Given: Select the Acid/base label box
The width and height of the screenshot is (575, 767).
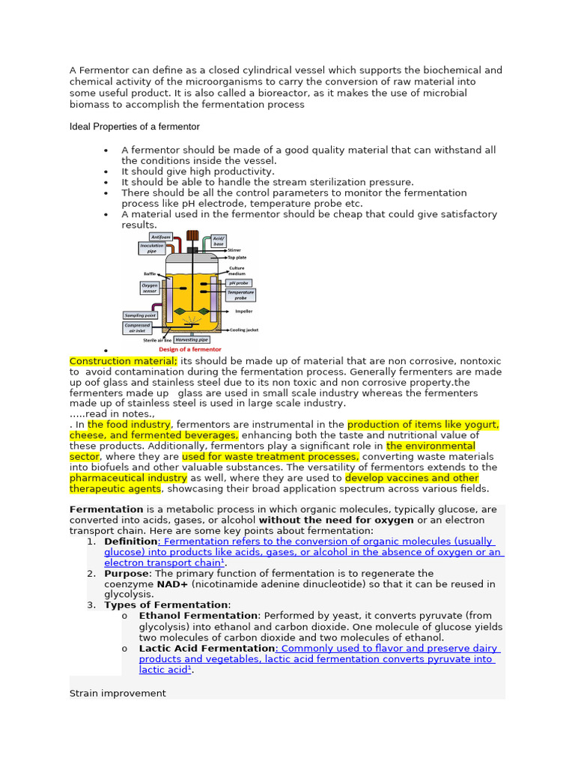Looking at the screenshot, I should click(219, 240).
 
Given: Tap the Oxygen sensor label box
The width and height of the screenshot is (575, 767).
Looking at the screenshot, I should click(149, 289).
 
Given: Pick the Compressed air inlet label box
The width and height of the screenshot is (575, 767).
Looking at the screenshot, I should click(138, 329).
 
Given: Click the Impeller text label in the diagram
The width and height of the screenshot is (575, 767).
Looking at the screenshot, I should click(244, 311).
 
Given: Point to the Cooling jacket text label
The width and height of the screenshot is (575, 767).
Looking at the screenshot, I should click(244, 330).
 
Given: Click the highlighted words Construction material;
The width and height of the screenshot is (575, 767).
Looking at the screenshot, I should click(124, 361).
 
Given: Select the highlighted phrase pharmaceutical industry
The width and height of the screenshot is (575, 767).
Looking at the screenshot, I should click(128, 478).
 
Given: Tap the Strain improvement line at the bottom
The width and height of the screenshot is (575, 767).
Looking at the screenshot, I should click(118, 693).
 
